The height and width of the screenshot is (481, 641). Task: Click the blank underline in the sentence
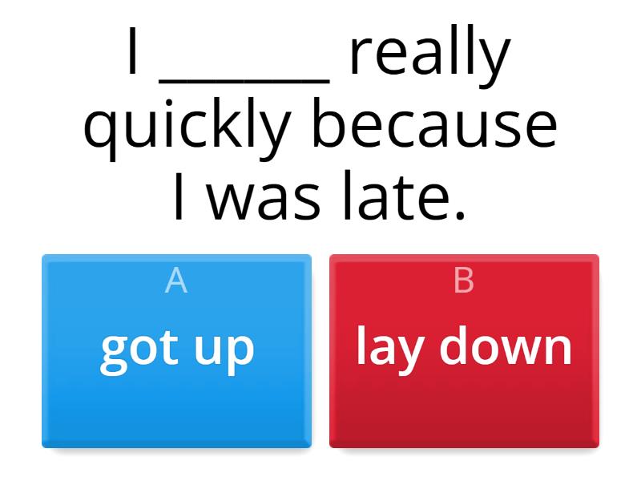(x=244, y=79)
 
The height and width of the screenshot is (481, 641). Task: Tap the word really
(x=429, y=55)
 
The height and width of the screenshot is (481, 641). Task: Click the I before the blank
(x=133, y=55)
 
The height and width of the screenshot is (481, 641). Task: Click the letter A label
(x=176, y=281)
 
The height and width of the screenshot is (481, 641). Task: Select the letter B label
(x=464, y=281)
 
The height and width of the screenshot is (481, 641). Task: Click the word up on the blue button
(x=224, y=350)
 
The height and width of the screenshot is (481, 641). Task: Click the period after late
(x=459, y=215)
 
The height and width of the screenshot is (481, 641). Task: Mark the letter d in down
(x=455, y=346)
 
